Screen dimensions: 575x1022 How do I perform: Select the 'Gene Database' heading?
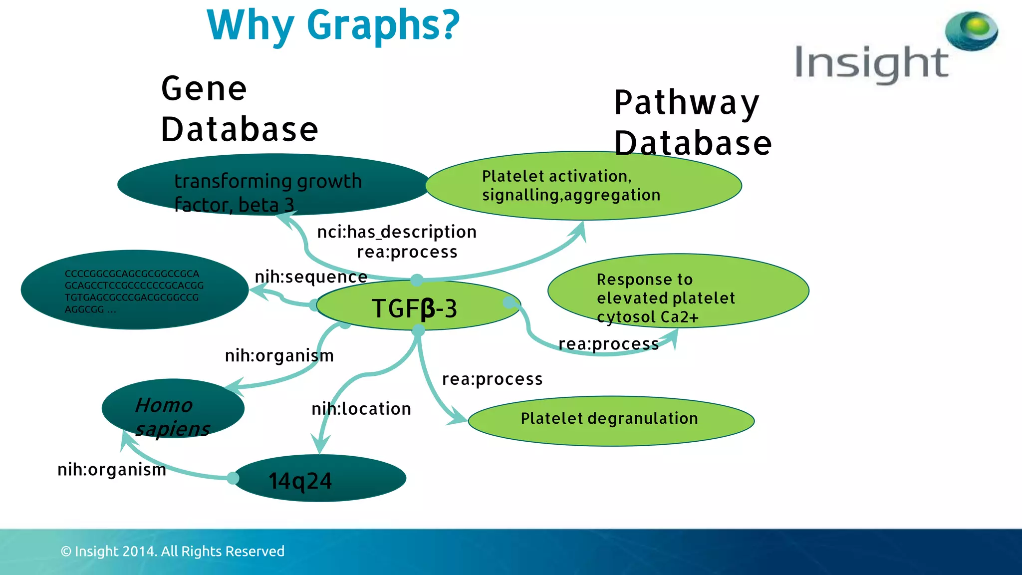point(239,109)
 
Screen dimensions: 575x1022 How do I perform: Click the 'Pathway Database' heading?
point(693,123)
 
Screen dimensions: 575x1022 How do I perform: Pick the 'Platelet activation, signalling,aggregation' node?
point(583,186)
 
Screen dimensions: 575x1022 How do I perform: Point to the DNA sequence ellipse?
point(134,290)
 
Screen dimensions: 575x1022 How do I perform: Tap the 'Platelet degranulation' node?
point(610,419)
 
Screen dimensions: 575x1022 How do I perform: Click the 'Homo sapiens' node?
point(173,409)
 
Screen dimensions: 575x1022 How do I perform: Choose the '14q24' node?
point(319,479)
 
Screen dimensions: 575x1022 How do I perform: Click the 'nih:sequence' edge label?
point(311,277)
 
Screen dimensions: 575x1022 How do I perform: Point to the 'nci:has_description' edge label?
point(397,232)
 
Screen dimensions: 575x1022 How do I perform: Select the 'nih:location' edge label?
point(361,409)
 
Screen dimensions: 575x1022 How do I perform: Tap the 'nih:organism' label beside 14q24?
point(112,470)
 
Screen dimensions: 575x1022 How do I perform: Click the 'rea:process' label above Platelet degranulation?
point(492,379)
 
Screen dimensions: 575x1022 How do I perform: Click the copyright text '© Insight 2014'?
point(172,552)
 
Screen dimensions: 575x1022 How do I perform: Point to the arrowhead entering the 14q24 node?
point(320,443)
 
